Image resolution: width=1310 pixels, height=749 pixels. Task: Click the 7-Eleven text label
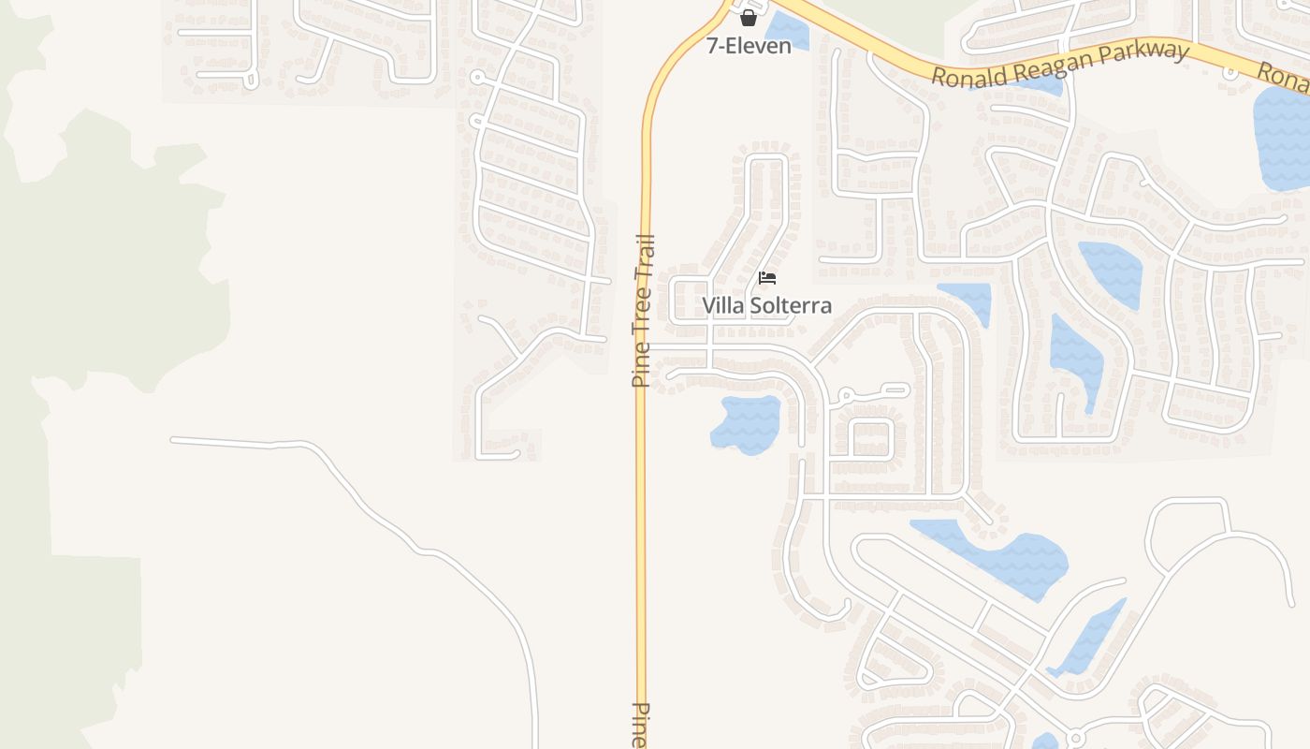coord(749,45)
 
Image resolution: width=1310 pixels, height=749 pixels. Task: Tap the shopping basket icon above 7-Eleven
coord(749,17)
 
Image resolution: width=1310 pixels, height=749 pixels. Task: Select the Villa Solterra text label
coord(766,305)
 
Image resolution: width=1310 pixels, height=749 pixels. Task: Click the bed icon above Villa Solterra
coord(767,278)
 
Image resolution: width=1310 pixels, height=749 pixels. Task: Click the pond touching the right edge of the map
coord(1282,140)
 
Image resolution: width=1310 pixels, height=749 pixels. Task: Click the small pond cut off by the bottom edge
coord(1045,742)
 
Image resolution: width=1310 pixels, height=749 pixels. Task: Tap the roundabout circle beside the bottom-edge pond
coord(1075,738)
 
